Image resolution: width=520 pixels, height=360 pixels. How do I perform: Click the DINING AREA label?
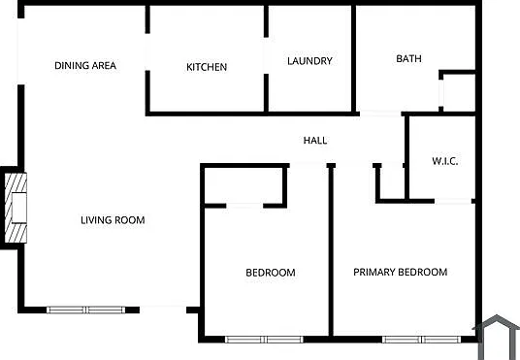point(85,65)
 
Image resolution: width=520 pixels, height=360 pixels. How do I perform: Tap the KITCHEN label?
point(207,67)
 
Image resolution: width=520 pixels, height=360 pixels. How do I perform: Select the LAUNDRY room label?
point(309,61)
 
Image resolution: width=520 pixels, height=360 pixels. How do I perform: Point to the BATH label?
point(408,59)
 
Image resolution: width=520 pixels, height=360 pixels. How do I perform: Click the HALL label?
point(315,141)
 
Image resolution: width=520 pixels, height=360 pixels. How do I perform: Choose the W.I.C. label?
point(445,161)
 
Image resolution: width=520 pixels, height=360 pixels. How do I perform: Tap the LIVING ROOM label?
point(113,220)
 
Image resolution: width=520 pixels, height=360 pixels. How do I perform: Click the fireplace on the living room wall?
point(14,208)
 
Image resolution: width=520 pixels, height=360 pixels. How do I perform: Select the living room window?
point(86,310)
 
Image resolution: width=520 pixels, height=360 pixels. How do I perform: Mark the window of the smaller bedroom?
point(264,340)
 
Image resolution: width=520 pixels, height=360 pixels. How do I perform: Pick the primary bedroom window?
point(421,340)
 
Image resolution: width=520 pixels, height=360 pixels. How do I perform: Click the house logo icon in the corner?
point(497,337)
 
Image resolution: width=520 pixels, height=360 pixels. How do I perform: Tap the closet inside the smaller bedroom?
point(244,185)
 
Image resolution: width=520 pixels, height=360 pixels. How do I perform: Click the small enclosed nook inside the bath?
point(459,92)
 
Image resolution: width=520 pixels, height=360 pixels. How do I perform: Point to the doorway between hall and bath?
point(380,114)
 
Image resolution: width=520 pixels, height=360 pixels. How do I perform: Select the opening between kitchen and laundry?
point(266,55)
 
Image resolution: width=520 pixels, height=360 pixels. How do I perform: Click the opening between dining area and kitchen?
point(147,52)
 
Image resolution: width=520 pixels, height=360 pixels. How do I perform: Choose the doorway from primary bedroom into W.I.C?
point(453,201)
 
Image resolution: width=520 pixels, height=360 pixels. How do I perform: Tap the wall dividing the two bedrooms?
point(331,251)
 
